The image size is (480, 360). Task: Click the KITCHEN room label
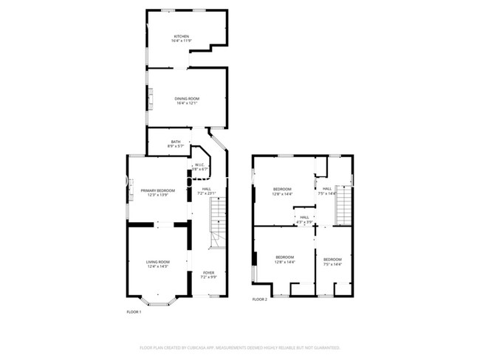coord(182,36)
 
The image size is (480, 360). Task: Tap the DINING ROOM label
coord(187,98)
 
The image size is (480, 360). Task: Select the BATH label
coord(176,142)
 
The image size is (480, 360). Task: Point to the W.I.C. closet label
coord(199,165)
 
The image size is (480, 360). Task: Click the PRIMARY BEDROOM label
coord(158,190)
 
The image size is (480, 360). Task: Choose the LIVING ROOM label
coord(157,262)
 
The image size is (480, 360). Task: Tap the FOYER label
coord(209,272)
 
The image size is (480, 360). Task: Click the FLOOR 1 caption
coord(134,311)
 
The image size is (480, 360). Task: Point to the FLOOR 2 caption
coord(259,299)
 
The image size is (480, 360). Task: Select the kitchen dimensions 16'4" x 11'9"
coord(182,41)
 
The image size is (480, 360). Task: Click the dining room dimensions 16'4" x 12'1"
coord(187,103)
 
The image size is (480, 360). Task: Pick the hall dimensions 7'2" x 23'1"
coord(207,193)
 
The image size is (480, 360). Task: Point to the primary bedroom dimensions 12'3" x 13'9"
coord(158,195)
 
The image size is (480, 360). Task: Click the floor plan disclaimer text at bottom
coord(240,347)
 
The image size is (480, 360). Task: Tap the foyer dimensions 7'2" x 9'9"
coord(209,277)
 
